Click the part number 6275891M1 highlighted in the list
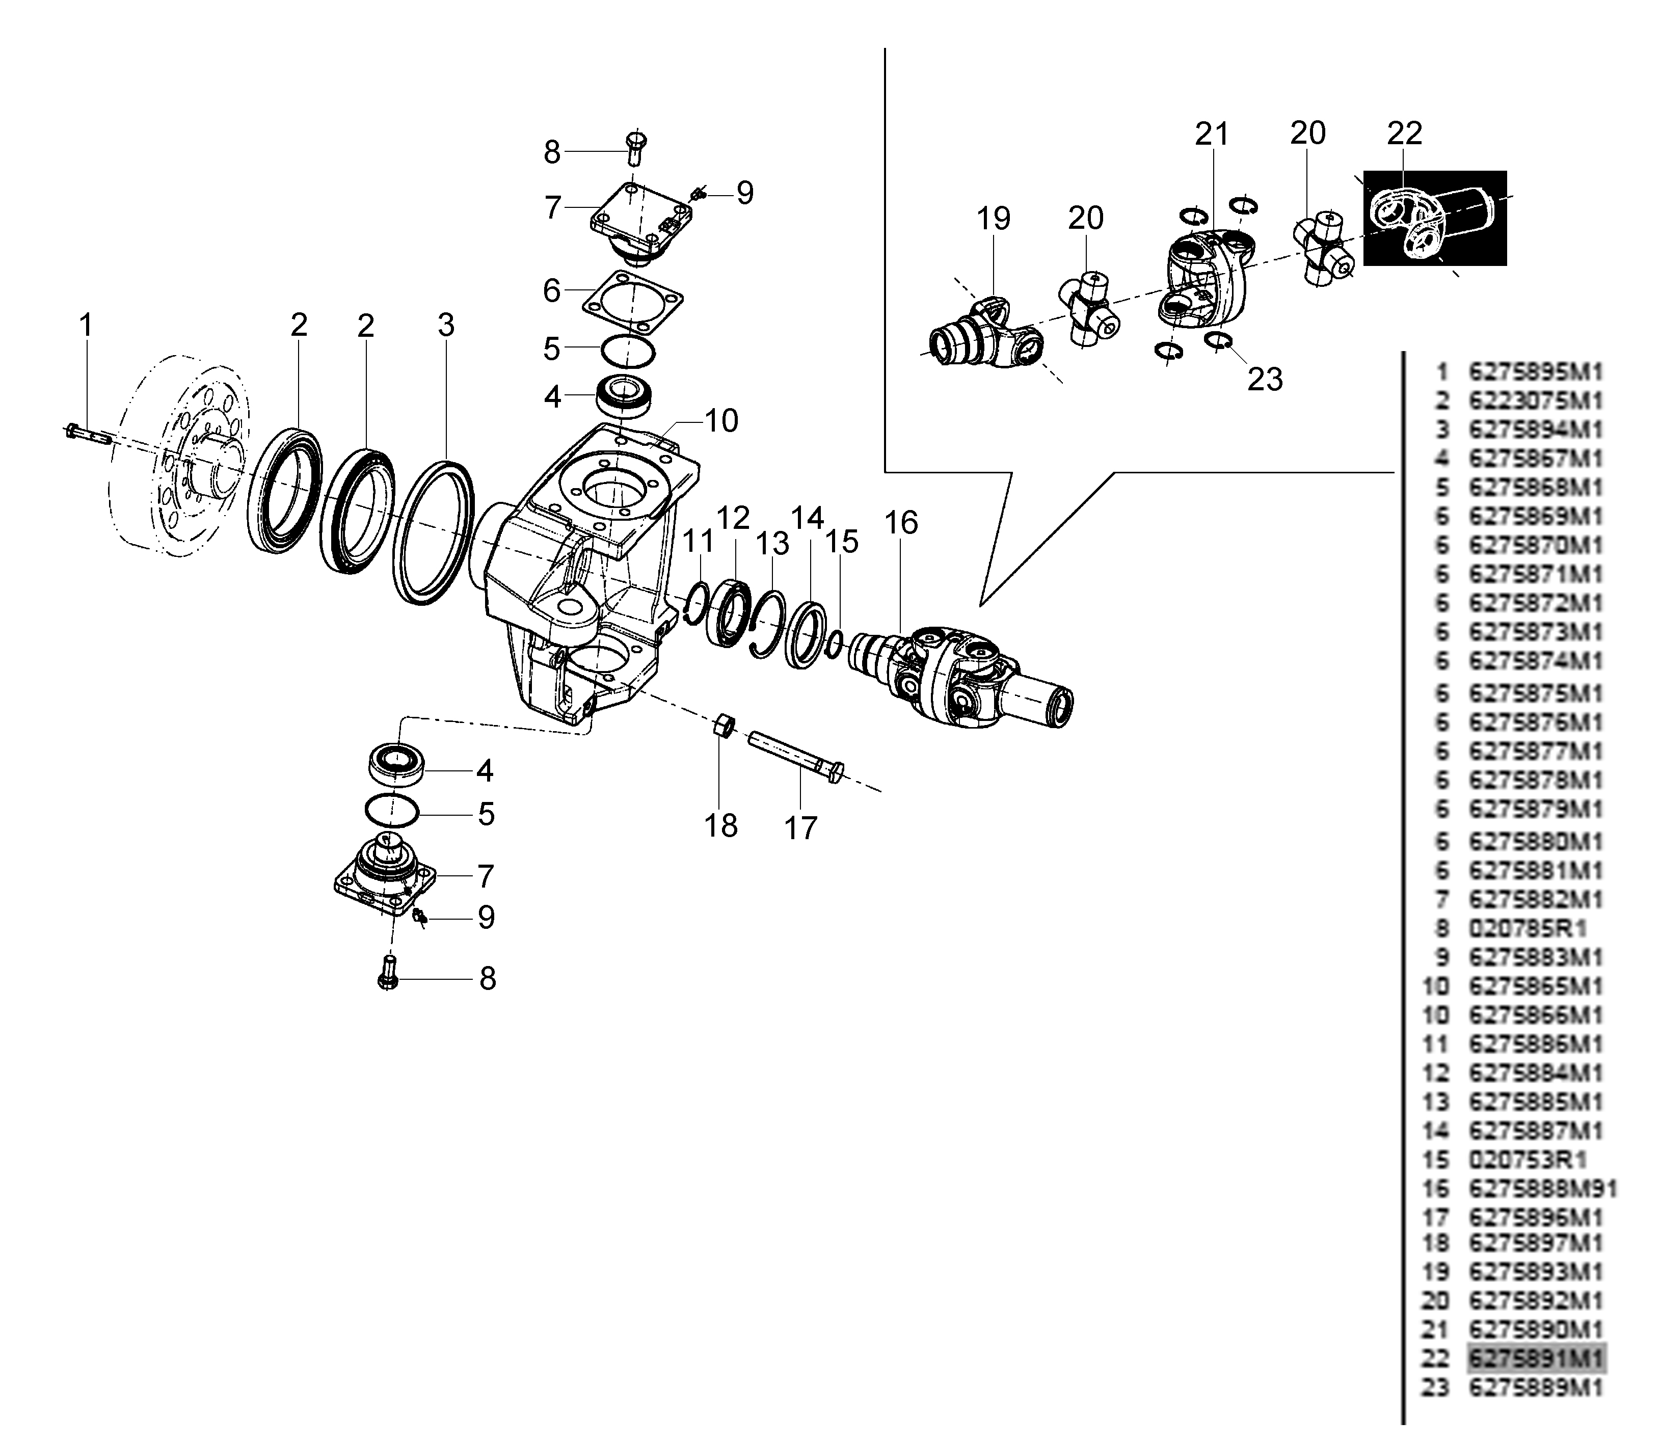1536,1358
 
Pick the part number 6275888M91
1542,1189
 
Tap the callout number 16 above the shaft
901,523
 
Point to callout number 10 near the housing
721,421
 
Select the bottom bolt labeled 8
388,974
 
